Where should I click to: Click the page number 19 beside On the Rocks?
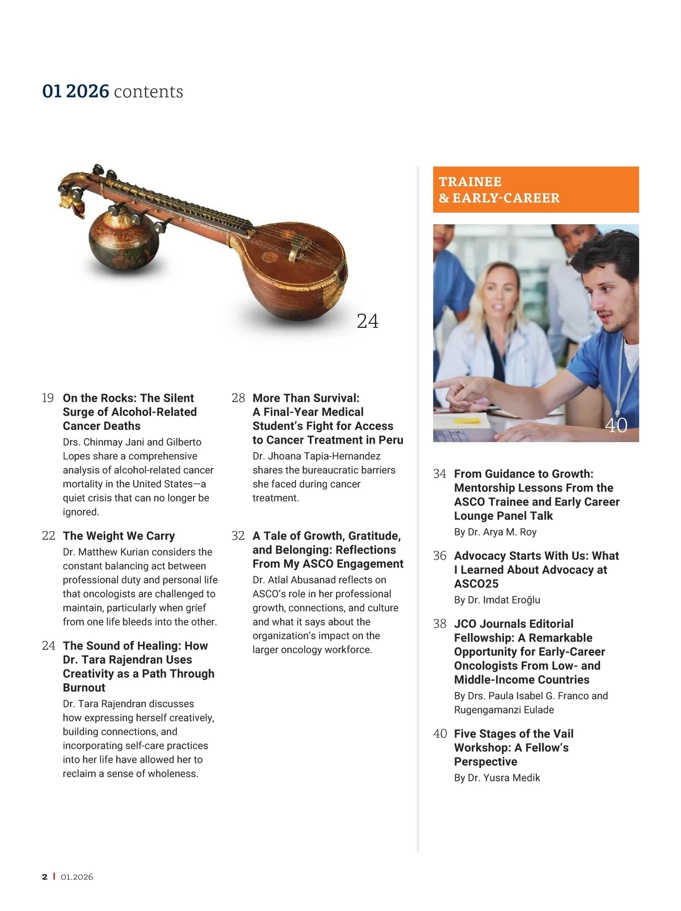[48, 398]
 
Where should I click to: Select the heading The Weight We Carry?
[119, 536]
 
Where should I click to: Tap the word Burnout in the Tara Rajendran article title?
[84, 688]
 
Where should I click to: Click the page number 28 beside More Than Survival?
[238, 398]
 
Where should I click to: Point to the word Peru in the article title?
[391, 440]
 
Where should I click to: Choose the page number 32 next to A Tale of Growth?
[238, 536]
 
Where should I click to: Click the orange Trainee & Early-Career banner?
[536, 189]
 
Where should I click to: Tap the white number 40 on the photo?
[616, 425]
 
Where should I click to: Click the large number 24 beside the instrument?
[368, 321]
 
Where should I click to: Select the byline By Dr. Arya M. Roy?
[495, 532]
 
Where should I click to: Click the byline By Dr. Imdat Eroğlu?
[497, 600]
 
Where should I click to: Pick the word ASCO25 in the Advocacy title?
[476, 584]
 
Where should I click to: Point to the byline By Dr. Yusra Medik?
[497, 778]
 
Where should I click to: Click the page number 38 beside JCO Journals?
[440, 624]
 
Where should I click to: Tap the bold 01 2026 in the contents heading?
[75, 91]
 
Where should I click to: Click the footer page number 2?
[45, 877]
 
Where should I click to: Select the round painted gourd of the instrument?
[124, 241]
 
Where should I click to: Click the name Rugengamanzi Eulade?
[504, 710]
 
